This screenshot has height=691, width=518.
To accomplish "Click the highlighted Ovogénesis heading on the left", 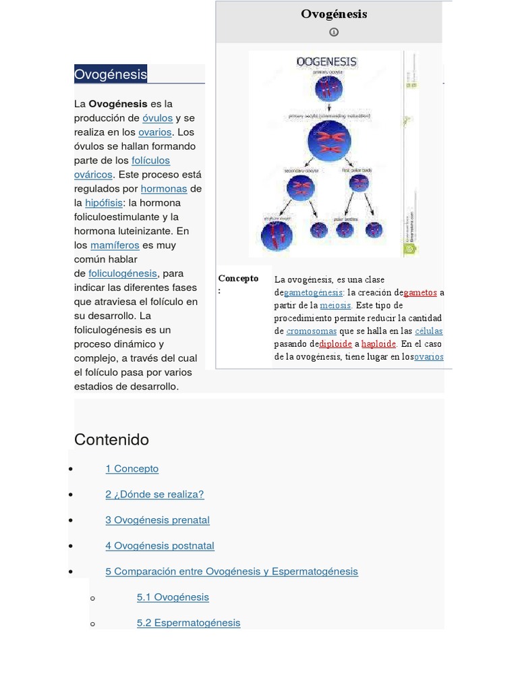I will tap(111, 74).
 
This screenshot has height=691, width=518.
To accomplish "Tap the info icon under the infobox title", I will tap(333, 32).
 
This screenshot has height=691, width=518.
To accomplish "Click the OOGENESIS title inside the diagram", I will tap(326, 62).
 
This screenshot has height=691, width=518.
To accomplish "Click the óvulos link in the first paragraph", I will tap(157, 118).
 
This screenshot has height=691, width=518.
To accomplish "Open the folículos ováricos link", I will tap(150, 161).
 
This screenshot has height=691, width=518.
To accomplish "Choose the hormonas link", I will tap(164, 189).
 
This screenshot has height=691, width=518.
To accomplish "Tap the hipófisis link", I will tap(104, 203).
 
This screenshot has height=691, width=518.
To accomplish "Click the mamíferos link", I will tap(115, 246).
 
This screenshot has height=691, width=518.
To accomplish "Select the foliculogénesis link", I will tap(123, 274).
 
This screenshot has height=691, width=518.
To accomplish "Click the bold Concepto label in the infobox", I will tap(238, 278).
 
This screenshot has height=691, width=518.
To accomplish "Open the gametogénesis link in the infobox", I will tap(314, 293).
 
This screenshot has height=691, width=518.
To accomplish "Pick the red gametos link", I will tap(420, 293).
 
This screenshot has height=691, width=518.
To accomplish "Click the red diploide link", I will tap(335, 343).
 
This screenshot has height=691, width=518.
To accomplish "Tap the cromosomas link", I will tap(311, 331).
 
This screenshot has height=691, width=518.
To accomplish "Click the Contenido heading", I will tap(111, 440).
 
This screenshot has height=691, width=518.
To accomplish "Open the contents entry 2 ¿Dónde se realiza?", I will tap(154, 495).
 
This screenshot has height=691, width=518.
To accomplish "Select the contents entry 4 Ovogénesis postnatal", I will tap(160, 546).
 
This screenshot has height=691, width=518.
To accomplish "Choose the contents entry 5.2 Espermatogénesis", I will tap(188, 623).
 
